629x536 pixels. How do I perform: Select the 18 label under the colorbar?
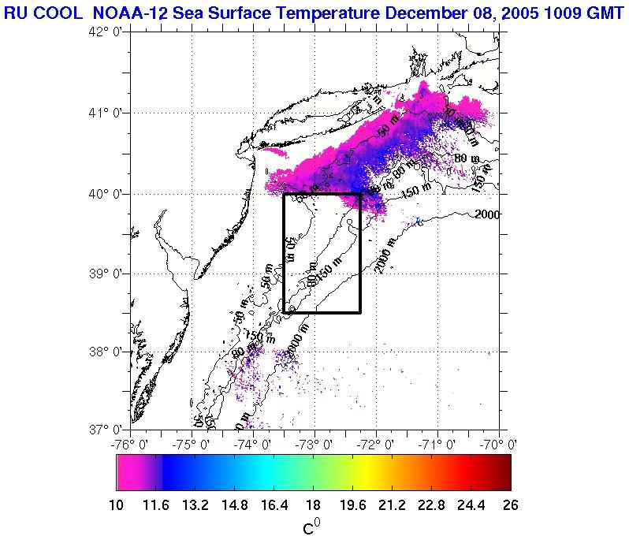313,504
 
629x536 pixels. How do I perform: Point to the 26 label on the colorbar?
510,504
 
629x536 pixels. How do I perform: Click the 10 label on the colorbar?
117,504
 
